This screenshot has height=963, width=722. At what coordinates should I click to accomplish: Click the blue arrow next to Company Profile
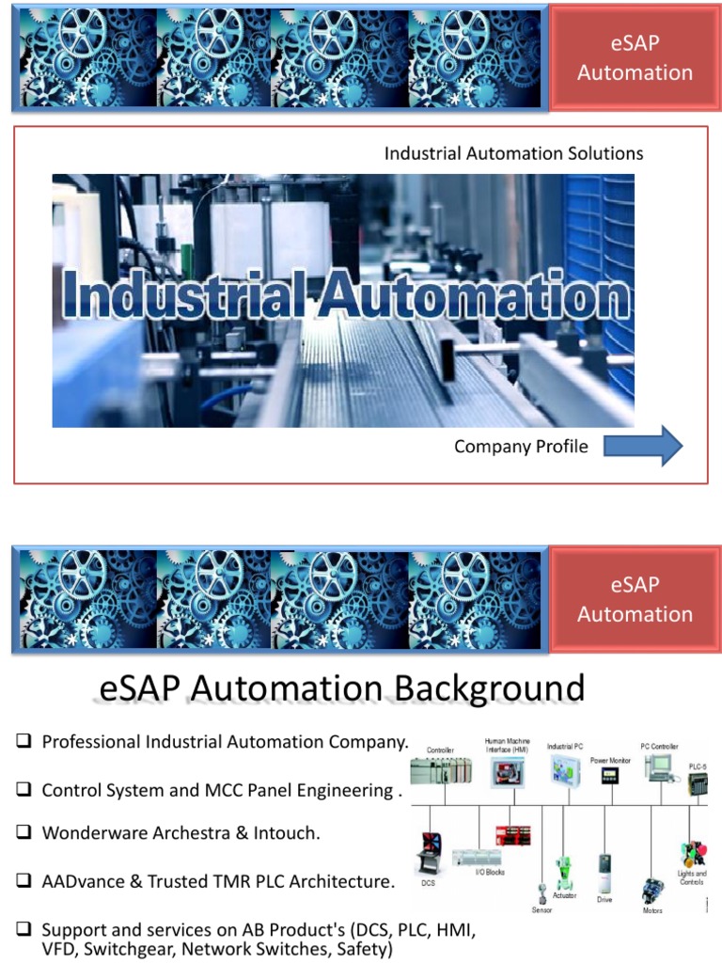point(643,446)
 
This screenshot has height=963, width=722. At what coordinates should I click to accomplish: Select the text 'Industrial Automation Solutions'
point(513,152)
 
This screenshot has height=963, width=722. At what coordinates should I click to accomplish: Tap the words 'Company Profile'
point(521,446)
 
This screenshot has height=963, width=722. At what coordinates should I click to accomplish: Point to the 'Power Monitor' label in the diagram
point(609,759)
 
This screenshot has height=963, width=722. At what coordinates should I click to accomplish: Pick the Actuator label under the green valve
point(565,895)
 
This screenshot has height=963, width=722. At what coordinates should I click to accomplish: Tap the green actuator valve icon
point(565,870)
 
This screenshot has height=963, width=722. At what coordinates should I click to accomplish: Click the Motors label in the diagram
point(651,910)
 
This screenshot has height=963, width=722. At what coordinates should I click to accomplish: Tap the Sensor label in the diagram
point(541,910)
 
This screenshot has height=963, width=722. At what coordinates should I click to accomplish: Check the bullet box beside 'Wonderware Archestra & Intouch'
point(24,832)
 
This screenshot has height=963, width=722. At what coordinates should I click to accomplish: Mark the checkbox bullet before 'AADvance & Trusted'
point(24,881)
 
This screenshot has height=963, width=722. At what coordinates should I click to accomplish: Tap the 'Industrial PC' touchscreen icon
point(566,768)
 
